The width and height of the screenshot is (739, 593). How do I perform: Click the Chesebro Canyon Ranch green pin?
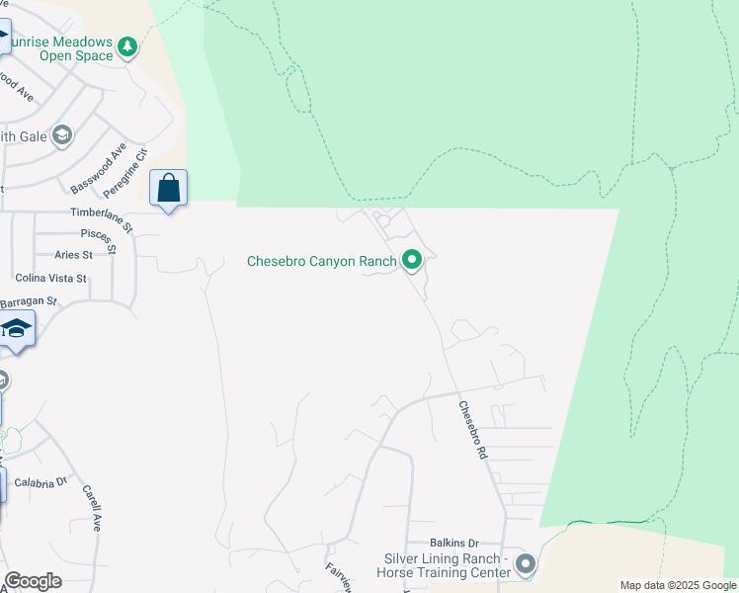[412, 261]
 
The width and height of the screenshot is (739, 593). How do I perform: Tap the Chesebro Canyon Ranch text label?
[322, 262]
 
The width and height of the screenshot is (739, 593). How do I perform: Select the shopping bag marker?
[168, 188]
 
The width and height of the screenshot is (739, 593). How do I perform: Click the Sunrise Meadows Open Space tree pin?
[126, 46]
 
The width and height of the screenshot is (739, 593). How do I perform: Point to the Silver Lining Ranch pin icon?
[525, 565]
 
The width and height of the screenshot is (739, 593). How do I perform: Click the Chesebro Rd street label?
[474, 428]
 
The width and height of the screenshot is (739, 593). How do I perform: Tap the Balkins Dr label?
[453, 544]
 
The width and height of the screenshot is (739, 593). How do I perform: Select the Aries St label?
[74, 255]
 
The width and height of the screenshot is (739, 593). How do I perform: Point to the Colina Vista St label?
[51, 280]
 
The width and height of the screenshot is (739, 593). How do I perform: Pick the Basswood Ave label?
[99, 168]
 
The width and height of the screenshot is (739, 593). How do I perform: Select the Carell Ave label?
[92, 508]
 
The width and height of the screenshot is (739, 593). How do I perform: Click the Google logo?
[33, 581]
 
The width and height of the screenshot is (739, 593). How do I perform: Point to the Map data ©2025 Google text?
[677, 585]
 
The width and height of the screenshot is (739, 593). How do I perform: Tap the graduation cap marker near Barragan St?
[16, 329]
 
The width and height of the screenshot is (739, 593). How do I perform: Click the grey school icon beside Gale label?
[62, 134]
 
